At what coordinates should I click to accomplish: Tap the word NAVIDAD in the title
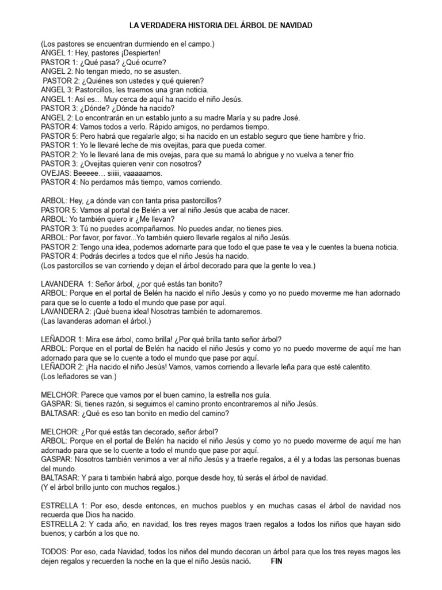294,26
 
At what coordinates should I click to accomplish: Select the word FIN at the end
277,561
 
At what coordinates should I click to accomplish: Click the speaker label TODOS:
55,551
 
